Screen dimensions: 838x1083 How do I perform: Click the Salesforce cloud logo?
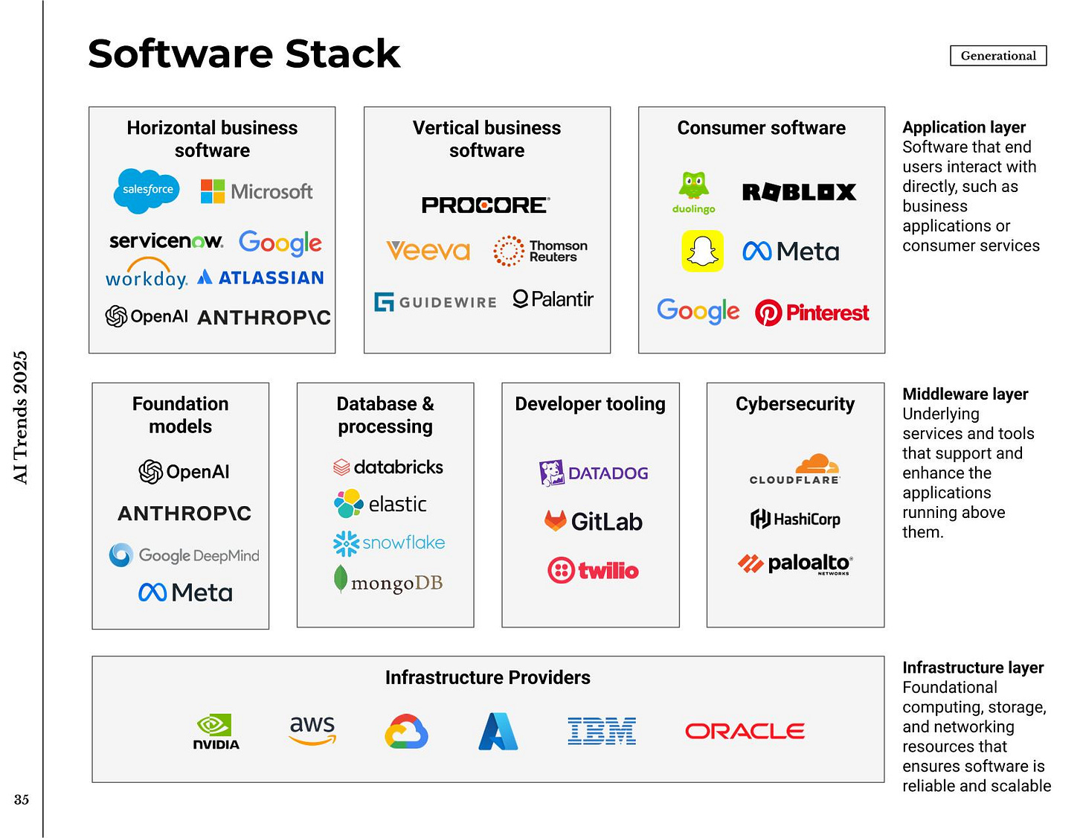click(147, 191)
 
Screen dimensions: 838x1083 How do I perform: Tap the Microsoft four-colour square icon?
click(213, 191)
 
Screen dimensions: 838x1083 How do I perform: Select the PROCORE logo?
click(486, 205)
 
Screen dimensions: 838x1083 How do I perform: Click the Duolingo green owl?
click(694, 186)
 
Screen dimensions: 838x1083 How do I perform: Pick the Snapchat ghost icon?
click(702, 251)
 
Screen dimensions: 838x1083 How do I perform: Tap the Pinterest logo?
click(812, 313)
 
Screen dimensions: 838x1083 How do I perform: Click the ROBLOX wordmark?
click(799, 192)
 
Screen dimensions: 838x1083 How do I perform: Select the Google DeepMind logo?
click(184, 555)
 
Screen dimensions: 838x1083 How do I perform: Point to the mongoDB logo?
click(388, 581)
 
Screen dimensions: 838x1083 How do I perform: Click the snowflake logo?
click(388, 543)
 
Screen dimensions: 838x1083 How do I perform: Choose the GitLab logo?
click(593, 521)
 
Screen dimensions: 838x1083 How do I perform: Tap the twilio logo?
click(593, 571)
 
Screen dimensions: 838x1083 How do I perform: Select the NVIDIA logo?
click(216, 732)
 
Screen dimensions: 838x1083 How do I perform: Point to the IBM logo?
click(601, 732)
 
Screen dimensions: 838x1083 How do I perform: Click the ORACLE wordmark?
click(745, 732)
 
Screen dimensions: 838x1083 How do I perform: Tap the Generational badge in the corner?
click(997, 56)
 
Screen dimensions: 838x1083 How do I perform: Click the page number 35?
click(22, 800)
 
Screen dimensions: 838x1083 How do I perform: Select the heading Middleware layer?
click(965, 394)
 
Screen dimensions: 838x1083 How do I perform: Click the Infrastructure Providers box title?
click(487, 678)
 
